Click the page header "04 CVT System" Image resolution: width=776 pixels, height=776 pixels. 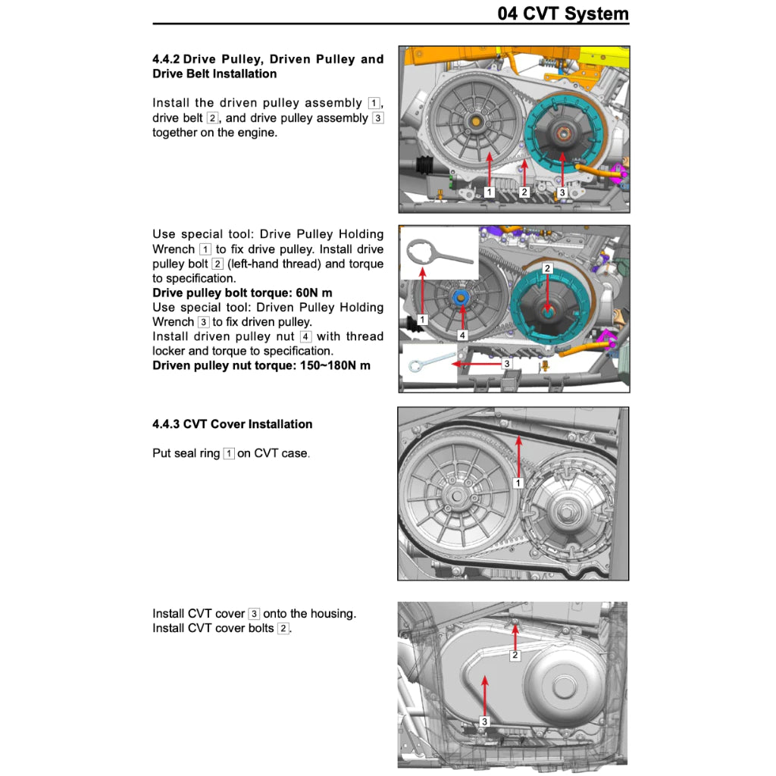pos(562,14)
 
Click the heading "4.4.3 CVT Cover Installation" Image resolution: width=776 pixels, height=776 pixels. pos(232,424)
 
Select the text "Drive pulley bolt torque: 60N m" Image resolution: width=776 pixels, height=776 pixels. pos(242,293)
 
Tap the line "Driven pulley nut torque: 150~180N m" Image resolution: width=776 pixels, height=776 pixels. pos(261,366)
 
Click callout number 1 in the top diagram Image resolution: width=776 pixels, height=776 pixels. pos(490,192)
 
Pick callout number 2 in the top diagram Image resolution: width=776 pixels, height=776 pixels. pos(524,192)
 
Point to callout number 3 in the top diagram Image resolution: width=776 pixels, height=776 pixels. pos(562,193)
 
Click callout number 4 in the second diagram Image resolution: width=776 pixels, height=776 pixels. pos(462,334)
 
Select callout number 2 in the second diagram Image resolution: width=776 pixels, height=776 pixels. pos(547,269)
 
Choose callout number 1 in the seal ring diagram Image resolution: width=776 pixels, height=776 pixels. pos(518,483)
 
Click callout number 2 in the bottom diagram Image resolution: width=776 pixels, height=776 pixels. pos(515,656)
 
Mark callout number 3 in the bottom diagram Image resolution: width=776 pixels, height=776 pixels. pos(484,721)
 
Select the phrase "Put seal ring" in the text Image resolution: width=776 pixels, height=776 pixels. pos(186,454)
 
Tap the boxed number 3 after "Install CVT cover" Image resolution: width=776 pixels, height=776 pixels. pos(254,614)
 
